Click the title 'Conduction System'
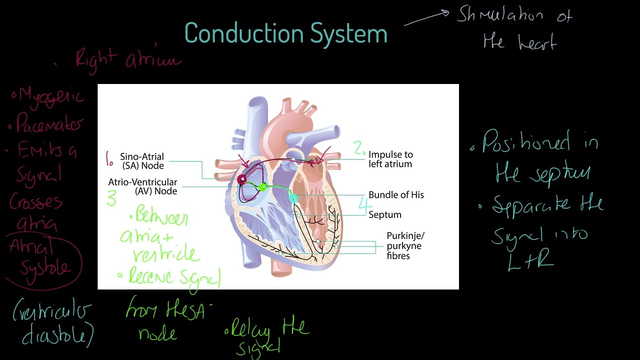(285, 33)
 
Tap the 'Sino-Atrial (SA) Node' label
(142, 161)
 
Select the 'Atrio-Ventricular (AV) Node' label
(142, 186)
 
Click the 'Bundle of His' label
(396, 195)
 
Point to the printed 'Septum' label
(385, 215)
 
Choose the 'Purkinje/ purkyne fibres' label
(405, 245)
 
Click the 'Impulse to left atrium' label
(390, 159)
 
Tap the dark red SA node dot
(242, 179)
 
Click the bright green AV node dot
(263, 187)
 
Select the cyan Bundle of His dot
(293, 199)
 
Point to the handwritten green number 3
(111, 198)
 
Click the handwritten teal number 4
(365, 205)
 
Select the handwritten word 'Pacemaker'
(49, 123)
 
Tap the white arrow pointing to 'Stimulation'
(426, 18)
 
